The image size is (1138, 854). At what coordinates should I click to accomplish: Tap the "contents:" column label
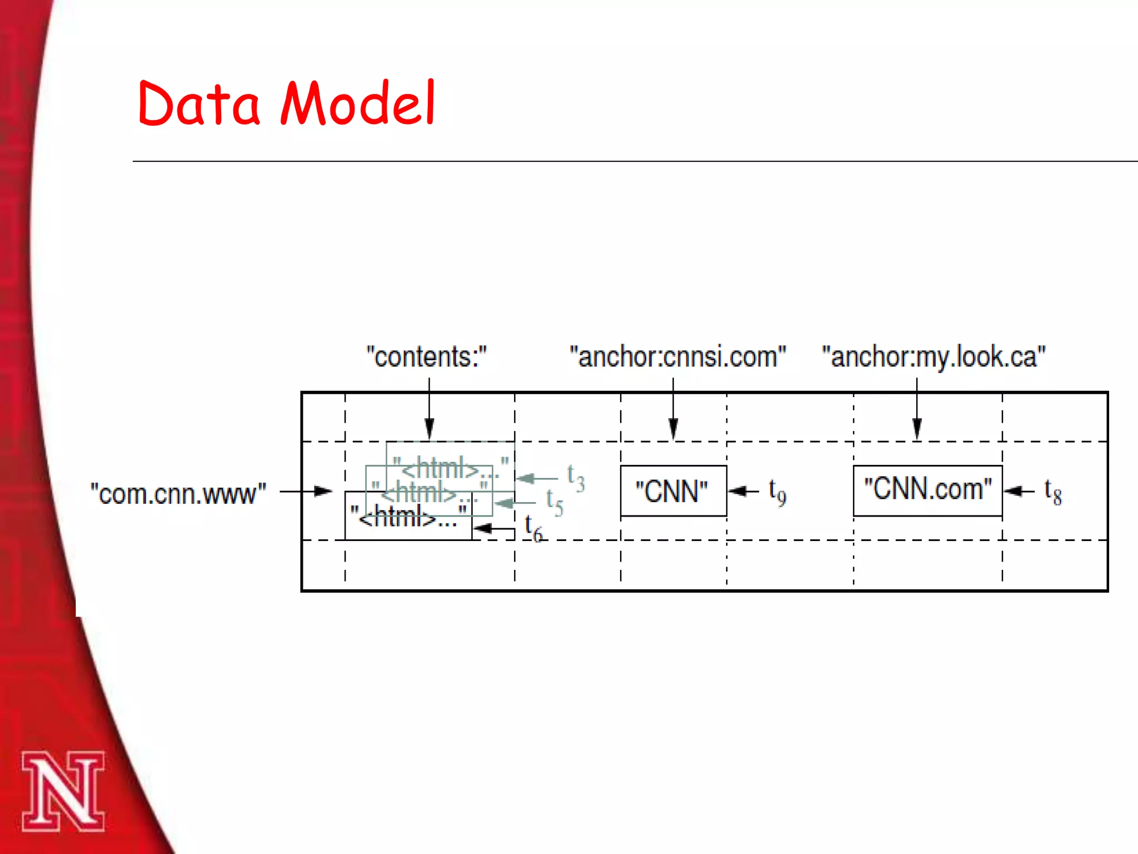click(426, 357)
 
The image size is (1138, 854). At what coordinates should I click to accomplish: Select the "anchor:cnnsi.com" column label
click(678, 357)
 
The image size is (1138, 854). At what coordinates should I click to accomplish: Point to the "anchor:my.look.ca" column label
click(934, 357)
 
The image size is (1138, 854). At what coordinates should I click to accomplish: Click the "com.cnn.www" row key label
click(178, 494)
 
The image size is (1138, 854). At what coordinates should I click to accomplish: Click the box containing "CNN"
click(673, 491)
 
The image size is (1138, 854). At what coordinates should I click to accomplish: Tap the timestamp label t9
click(777, 492)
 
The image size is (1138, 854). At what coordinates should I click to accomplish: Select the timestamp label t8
click(1053, 491)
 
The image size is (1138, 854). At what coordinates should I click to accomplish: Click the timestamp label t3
click(576, 478)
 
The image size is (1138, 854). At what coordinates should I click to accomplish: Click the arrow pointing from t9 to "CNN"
click(743, 491)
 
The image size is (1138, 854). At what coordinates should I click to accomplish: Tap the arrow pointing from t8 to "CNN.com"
click(1019, 491)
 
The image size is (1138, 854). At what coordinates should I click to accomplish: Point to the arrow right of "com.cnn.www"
click(306, 491)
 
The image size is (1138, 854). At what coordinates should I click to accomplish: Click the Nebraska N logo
click(63, 791)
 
